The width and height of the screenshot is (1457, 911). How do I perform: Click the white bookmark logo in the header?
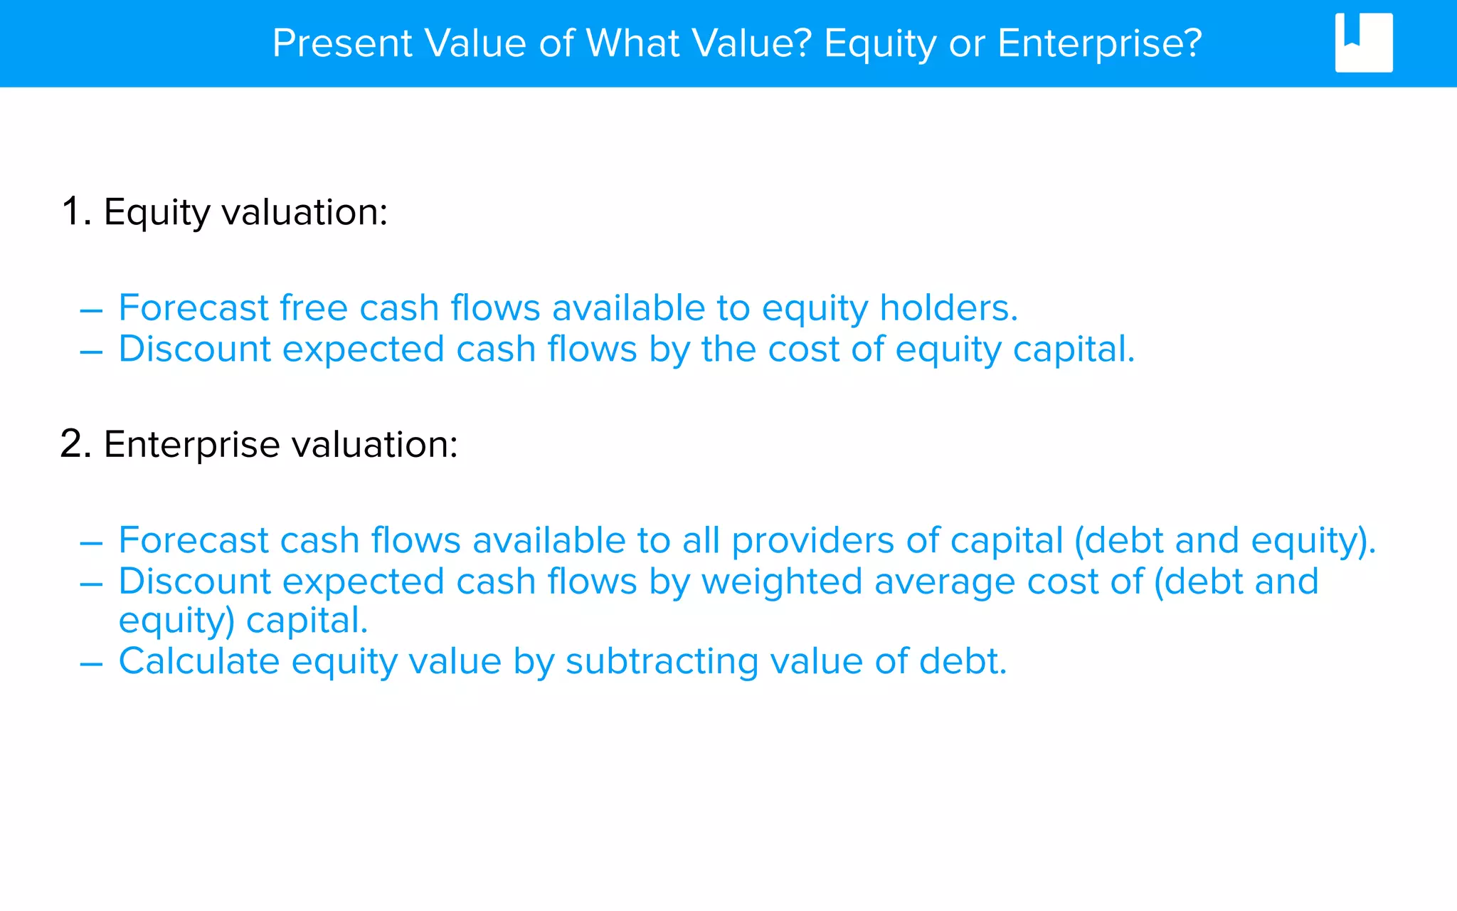click(1363, 43)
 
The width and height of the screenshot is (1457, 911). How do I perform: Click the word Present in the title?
click(342, 43)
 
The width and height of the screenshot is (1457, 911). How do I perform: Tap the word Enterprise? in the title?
click(1099, 43)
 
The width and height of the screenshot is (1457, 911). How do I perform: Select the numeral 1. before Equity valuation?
click(76, 212)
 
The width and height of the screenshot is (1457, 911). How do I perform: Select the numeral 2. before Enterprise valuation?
click(76, 444)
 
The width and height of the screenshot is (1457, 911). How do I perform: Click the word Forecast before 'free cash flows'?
click(194, 308)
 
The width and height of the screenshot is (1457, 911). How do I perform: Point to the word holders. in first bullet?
click(948, 308)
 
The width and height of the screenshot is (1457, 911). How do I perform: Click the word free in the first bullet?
click(314, 308)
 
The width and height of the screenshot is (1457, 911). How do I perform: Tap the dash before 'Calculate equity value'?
click(91, 663)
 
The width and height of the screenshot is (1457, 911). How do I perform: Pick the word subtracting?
click(662, 661)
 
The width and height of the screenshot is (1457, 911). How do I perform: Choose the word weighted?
click(782, 582)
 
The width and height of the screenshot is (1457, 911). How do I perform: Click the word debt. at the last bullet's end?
click(963, 661)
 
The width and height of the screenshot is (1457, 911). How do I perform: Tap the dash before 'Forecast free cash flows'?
click(91, 311)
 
